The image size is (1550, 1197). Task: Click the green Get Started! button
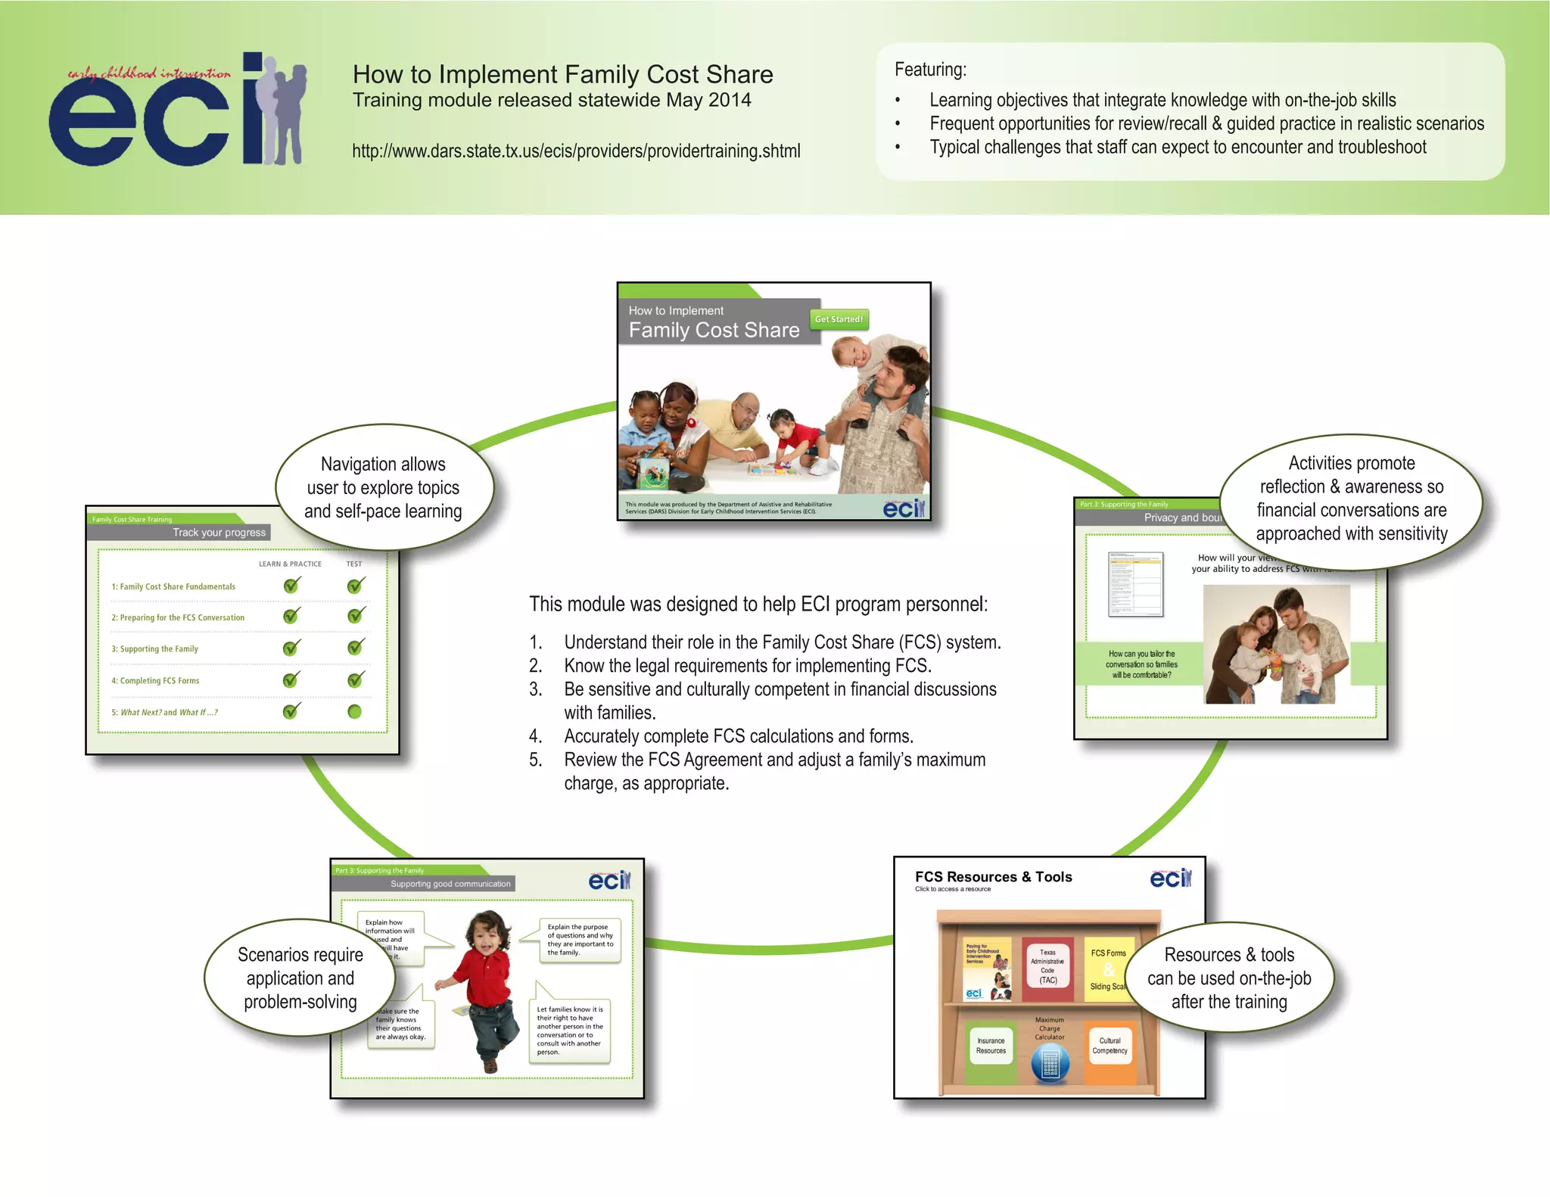tap(839, 319)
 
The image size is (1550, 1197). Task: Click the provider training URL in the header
tap(576, 151)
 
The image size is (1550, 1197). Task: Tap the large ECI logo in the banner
tap(179, 109)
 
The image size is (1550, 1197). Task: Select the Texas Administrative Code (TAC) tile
tap(1047, 966)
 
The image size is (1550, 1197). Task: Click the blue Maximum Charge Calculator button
tap(1050, 1063)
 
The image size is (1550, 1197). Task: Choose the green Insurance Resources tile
tap(991, 1046)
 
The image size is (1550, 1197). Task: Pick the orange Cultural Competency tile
tap(1110, 1046)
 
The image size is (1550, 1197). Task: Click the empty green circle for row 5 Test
tap(354, 712)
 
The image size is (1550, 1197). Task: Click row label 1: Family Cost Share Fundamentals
tap(173, 586)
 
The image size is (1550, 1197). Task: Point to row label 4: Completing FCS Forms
tap(155, 681)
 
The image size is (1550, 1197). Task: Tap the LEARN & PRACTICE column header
tap(290, 564)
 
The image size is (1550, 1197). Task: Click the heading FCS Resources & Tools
tap(993, 877)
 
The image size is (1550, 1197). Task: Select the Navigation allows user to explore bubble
tap(384, 487)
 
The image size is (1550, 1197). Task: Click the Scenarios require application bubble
tap(300, 978)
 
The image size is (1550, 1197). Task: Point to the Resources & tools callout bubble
tap(1229, 978)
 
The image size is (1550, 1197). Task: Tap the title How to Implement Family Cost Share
tap(562, 75)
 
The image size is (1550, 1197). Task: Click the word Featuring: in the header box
tap(930, 70)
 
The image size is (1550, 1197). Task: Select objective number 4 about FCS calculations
tap(738, 736)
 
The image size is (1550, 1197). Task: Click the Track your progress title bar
tap(219, 533)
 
